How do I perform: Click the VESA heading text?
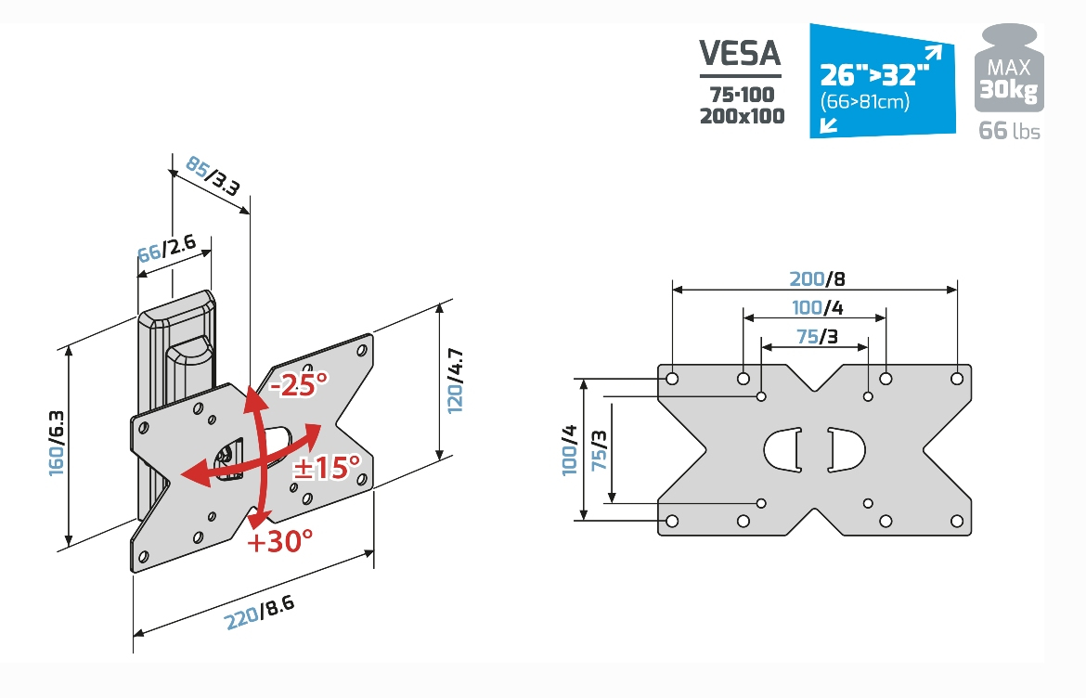coord(740,53)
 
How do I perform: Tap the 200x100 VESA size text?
coord(742,116)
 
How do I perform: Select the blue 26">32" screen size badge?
coord(883,81)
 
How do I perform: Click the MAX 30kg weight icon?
coord(1008,69)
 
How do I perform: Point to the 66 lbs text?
coord(1009,130)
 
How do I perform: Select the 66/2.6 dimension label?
coord(167,249)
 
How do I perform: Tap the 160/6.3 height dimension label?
coord(56,443)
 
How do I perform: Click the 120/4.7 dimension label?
coord(455,381)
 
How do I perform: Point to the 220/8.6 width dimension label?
coord(260,613)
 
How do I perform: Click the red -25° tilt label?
coord(299,383)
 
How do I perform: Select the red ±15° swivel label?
coord(326,468)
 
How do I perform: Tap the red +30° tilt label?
coord(279,540)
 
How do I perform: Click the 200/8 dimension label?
coord(817,278)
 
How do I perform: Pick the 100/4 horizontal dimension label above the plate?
coord(817,306)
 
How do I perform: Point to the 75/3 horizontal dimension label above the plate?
coord(817,336)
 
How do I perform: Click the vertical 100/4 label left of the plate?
coord(569,450)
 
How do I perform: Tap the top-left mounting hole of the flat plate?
coord(672,379)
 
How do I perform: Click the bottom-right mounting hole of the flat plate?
coord(956,521)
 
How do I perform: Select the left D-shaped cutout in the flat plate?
coord(782,450)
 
